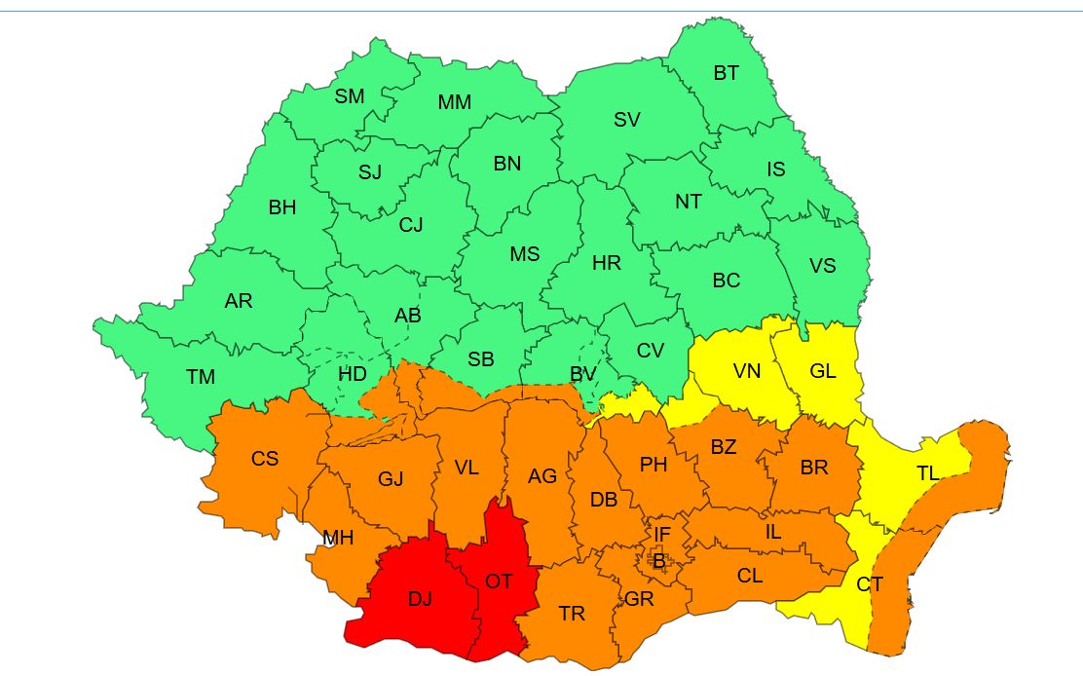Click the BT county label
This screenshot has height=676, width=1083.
[x=726, y=73]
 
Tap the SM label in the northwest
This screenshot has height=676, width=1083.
[x=350, y=96]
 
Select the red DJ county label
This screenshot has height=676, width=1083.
[x=420, y=599]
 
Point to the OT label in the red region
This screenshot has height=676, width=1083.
[x=498, y=582]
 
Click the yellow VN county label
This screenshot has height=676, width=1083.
[x=746, y=371]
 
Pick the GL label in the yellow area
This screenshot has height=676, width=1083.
[x=823, y=371]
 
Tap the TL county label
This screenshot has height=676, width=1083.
[x=928, y=473]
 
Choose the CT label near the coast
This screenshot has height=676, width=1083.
[x=870, y=585]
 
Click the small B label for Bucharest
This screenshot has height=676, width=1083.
[x=659, y=561]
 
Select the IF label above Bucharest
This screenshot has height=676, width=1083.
[x=661, y=534]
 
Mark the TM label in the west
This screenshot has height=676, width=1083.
[x=201, y=377]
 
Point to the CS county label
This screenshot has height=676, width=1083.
[x=265, y=459]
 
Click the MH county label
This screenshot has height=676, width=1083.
[x=338, y=538]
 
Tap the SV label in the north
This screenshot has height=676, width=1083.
[x=627, y=120]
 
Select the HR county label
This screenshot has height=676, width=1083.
[x=607, y=262]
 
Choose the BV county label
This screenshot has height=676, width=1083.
[x=583, y=374]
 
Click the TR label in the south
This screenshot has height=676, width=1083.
[x=572, y=614]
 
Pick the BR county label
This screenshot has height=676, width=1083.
[x=814, y=468]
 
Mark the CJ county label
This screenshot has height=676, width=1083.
[x=411, y=225]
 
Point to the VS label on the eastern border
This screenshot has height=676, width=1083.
[x=823, y=265]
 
